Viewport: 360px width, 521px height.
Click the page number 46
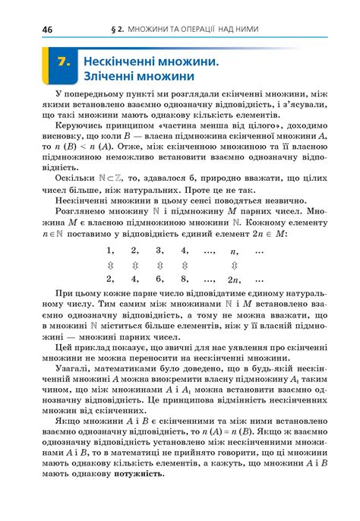(28, 29)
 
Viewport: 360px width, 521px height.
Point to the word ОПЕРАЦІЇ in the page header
(191, 29)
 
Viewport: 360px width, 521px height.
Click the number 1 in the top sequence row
(110, 251)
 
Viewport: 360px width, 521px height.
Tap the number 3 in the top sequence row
(159, 251)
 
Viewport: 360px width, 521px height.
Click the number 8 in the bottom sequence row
(185, 279)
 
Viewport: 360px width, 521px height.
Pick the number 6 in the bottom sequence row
(159, 279)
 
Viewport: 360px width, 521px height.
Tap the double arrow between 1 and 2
(110, 265)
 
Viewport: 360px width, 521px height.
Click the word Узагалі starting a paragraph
(75, 368)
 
